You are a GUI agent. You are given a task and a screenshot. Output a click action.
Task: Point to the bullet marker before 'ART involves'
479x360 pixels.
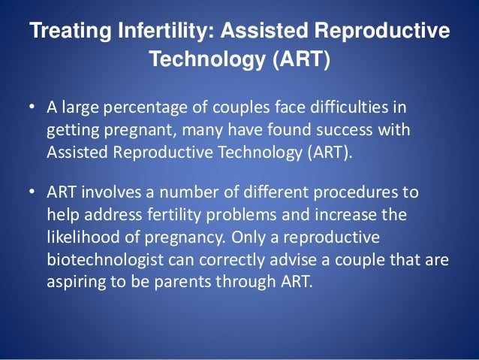click(x=32, y=192)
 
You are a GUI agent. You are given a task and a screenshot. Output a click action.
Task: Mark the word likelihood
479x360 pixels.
click(x=80, y=237)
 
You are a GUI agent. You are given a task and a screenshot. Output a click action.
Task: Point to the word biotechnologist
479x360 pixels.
click(x=99, y=260)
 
